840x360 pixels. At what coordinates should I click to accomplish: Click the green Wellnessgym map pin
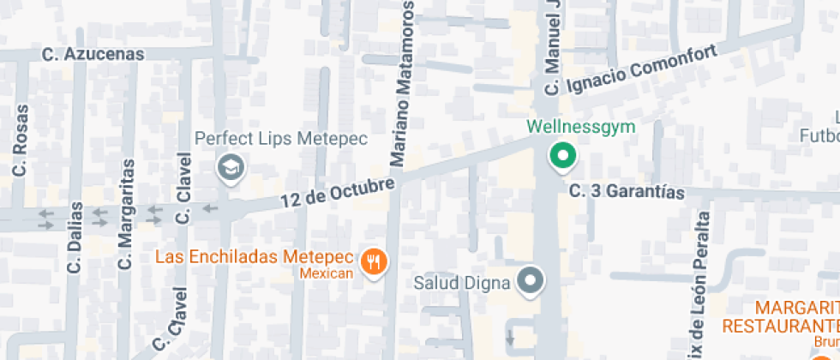pos(563,156)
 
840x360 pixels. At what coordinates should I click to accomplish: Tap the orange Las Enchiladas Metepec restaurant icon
pos(373,261)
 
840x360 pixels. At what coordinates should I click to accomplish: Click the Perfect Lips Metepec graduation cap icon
pos(231,168)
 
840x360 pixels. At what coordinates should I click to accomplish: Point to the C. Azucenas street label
pos(93,54)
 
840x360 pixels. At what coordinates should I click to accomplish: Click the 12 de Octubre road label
pos(338,192)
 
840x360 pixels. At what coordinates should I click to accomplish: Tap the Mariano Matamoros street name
pos(404,84)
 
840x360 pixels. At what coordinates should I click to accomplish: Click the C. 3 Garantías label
pos(627,192)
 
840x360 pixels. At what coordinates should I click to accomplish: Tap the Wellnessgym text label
pos(580,129)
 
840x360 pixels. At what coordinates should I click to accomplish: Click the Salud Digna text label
pos(463,281)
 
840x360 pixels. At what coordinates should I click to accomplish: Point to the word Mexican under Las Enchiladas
pos(327,273)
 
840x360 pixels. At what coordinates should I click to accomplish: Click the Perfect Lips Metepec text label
pos(280,138)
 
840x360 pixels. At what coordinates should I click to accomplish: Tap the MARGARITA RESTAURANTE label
pos(781,317)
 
